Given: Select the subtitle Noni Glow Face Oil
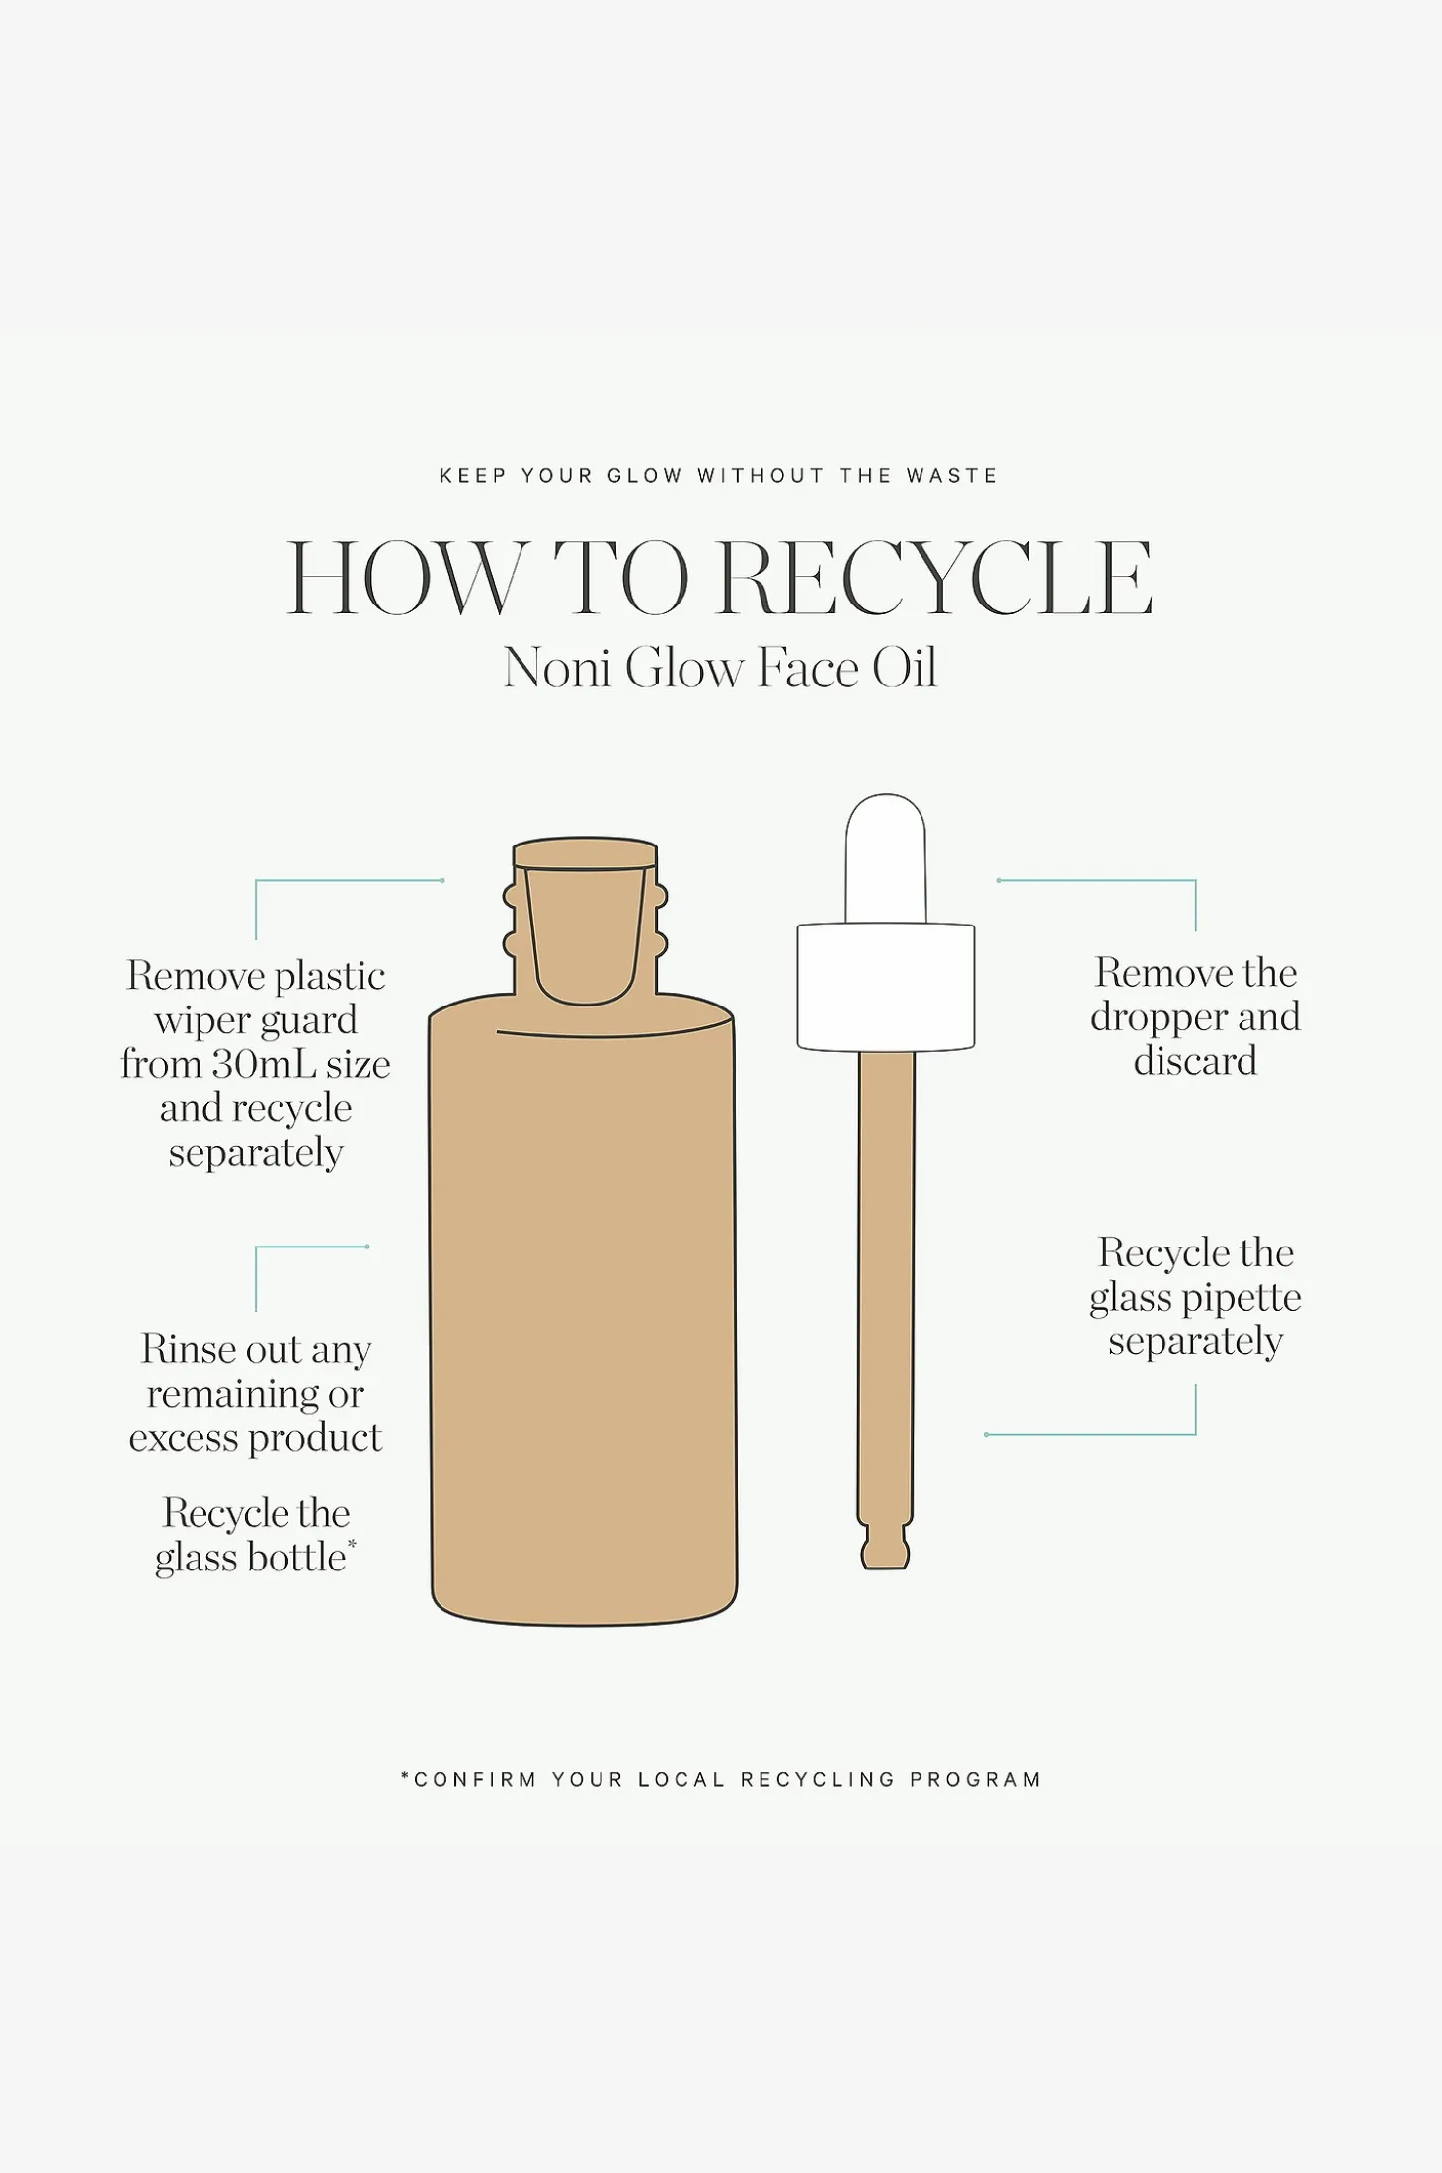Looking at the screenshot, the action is coord(720,668).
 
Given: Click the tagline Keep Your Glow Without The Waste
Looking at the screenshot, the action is coord(719,476).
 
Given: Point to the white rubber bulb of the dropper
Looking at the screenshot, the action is coord(886,857).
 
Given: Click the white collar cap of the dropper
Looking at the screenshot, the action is coord(886,987).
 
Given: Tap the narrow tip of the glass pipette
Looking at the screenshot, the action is coord(885,1549).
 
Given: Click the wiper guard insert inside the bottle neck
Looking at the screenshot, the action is coord(586,933).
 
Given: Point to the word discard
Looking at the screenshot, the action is coord(1195,1062).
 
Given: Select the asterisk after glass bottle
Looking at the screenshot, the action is coord(352,1544).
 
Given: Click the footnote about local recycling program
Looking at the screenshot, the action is coord(721,1780).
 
